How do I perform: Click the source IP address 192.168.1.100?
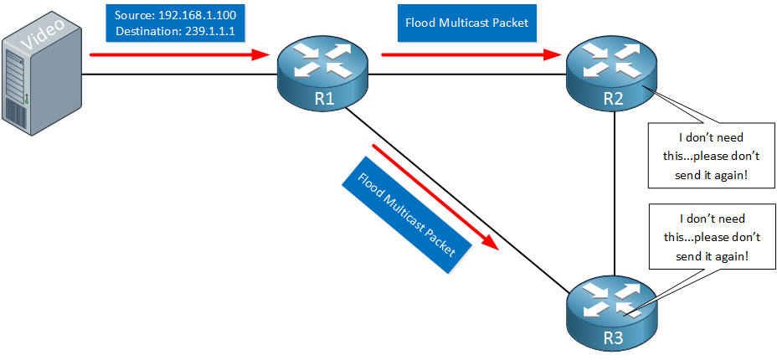(x=198, y=15)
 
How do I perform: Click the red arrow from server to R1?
(x=179, y=54)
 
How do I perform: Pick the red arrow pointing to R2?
(x=471, y=54)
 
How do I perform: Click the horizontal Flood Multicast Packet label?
(x=467, y=23)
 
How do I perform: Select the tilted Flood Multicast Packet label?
(x=406, y=215)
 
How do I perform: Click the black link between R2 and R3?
(x=614, y=193)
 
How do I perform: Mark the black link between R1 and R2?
(x=468, y=75)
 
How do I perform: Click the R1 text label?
(x=323, y=100)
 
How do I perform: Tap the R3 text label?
(x=614, y=340)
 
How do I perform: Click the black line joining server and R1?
(x=179, y=75)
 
